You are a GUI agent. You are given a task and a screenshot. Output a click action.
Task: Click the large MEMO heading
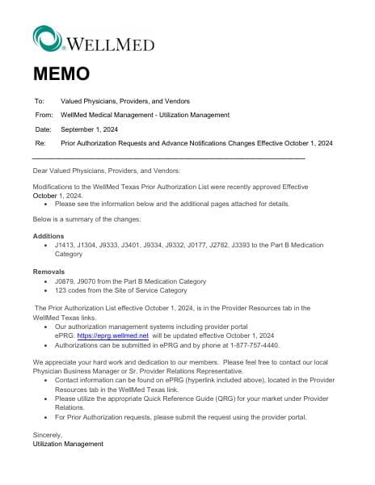pyautogui.click(x=61, y=74)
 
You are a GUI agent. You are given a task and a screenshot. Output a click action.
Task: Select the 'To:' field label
pyautogui.click(x=39, y=102)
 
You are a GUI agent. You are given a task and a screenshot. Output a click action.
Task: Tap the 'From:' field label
pyautogui.click(x=44, y=116)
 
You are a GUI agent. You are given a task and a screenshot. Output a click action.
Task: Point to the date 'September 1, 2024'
pyautogui.click(x=90, y=129)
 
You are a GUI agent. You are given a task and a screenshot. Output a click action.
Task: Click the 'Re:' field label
pyautogui.click(x=40, y=143)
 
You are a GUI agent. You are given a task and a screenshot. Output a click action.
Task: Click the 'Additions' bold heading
pyautogui.click(x=48, y=234)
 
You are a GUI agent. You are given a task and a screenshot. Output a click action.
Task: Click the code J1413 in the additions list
pyautogui.click(x=64, y=244)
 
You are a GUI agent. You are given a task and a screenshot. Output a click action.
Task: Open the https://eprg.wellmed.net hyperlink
pyautogui.click(x=113, y=335)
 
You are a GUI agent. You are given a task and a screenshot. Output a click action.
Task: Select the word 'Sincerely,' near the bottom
pyautogui.click(x=47, y=435)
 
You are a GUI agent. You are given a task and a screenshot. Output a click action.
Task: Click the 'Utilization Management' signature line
pyautogui.click(x=68, y=444)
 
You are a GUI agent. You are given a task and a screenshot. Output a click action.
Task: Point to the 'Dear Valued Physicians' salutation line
pyautogui.click(x=107, y=171)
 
